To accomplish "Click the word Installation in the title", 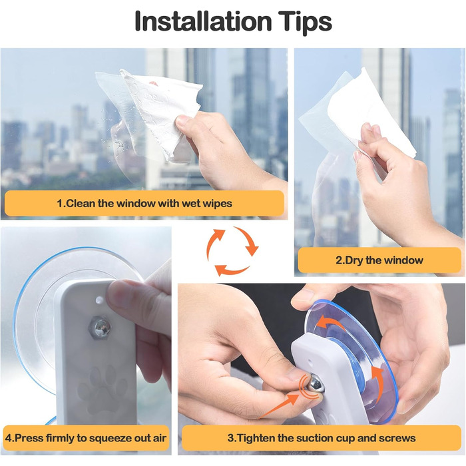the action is click(x=203, y=21).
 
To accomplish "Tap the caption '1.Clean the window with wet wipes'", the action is click(x=144, y=204).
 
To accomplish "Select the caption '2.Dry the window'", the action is click(x=379, y=260).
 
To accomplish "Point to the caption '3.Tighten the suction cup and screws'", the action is click(x=322, y=438).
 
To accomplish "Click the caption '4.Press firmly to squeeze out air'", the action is click(x=86, y=438).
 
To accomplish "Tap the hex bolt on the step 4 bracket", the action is click(x=100, y=328).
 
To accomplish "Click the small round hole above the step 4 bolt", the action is click(x=100, y=300).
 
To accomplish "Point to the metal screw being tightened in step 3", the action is click(x=316, y=385).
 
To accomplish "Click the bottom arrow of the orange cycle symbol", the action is click(x=231, y=270).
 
